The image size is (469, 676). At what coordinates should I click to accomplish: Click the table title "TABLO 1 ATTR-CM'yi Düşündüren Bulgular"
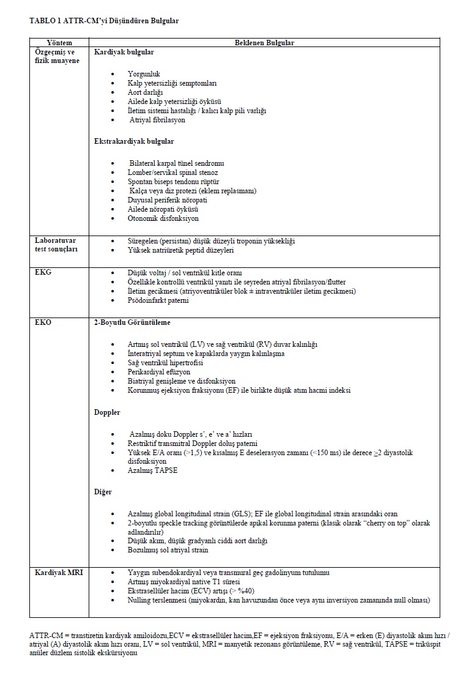click(104, 21)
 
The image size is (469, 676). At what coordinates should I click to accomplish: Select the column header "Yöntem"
click(59, 43)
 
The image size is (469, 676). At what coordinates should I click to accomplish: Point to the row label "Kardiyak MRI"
click(59, 573)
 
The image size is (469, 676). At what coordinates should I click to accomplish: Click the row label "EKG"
click(43, 272)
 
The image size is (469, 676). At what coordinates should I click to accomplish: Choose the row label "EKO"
click(43, 322)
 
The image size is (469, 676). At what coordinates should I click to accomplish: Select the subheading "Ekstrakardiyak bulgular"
click(134, 141)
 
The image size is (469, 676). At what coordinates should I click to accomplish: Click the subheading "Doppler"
click(107, 412)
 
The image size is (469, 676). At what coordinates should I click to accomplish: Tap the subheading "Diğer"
click(103, 491)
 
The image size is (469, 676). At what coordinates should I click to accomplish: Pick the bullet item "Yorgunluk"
click(144, 74)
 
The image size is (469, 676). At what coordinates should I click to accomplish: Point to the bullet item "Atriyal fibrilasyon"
click(157, 120)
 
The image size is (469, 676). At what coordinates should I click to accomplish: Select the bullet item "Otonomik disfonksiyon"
click(163, 218)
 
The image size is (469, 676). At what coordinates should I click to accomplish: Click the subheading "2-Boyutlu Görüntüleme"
click(132, 322)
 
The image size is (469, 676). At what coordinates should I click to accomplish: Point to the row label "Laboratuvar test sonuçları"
click(56, 245)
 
